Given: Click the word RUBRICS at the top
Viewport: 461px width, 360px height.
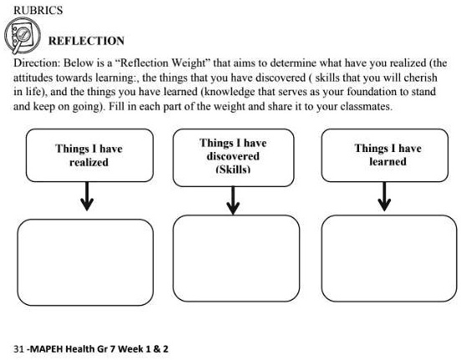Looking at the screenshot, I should tap(38, 10).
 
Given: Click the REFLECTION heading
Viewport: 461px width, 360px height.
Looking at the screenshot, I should tap(87, 41).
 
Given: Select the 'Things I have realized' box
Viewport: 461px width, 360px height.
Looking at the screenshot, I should tap(89, 155).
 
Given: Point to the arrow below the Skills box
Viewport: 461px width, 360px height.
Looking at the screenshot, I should tap(234, 198).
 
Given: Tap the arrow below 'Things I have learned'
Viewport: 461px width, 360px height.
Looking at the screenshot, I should tap(383, 198).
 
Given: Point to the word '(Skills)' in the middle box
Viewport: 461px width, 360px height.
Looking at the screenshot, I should tap(233, 169).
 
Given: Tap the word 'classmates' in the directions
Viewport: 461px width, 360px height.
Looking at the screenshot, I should tap(362, 109).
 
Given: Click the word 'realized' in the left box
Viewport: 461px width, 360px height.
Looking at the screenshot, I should tap(89, 162).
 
